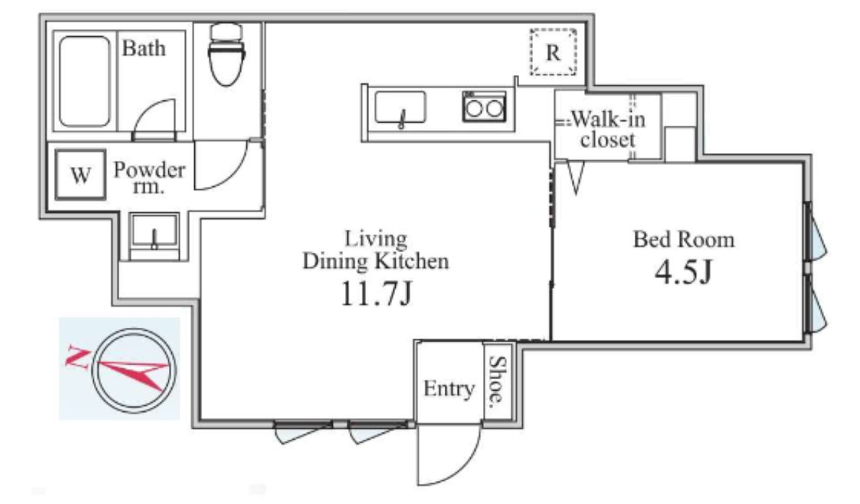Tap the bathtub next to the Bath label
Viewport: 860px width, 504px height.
pos(87,81)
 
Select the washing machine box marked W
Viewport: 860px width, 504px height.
pos(79,175)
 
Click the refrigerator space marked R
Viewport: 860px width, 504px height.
pos(553,52)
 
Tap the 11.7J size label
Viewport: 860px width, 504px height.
pos(375,295)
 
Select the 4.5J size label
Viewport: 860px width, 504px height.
pos(683,273)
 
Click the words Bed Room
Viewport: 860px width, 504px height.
pos(683,239)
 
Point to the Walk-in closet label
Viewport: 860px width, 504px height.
pos(605,129)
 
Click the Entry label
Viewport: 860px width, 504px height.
pos(448,389)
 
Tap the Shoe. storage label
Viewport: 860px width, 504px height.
pos(498,383)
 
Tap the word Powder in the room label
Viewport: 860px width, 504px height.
pos(149,170)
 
